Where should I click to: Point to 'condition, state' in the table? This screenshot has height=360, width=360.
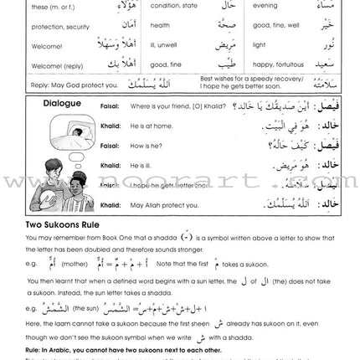click(171, 6)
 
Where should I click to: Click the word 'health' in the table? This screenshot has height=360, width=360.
click(159, 25)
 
